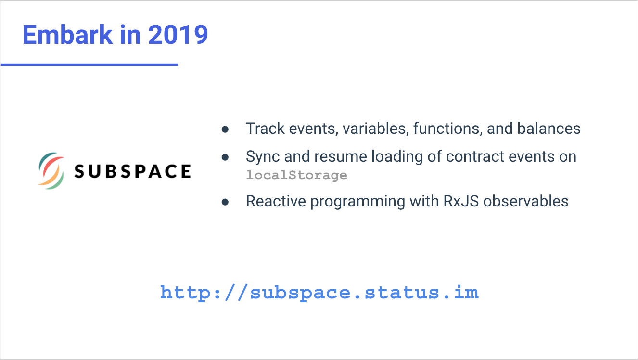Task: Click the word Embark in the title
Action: (68, 35)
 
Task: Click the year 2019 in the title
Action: (178, 35)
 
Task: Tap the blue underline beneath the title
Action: (89, 65)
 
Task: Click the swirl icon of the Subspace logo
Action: (51, 171)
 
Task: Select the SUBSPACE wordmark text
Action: (132, 171)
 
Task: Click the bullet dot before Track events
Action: (225, 129)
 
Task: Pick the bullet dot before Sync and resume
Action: (225, 157)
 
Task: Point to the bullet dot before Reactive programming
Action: (225, 202)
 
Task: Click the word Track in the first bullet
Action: (265, 129)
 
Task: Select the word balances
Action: (549, 129)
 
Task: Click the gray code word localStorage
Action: (296, 175)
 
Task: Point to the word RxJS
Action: (461, 201)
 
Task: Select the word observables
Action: (526, 201)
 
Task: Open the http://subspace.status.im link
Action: (319, 293)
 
